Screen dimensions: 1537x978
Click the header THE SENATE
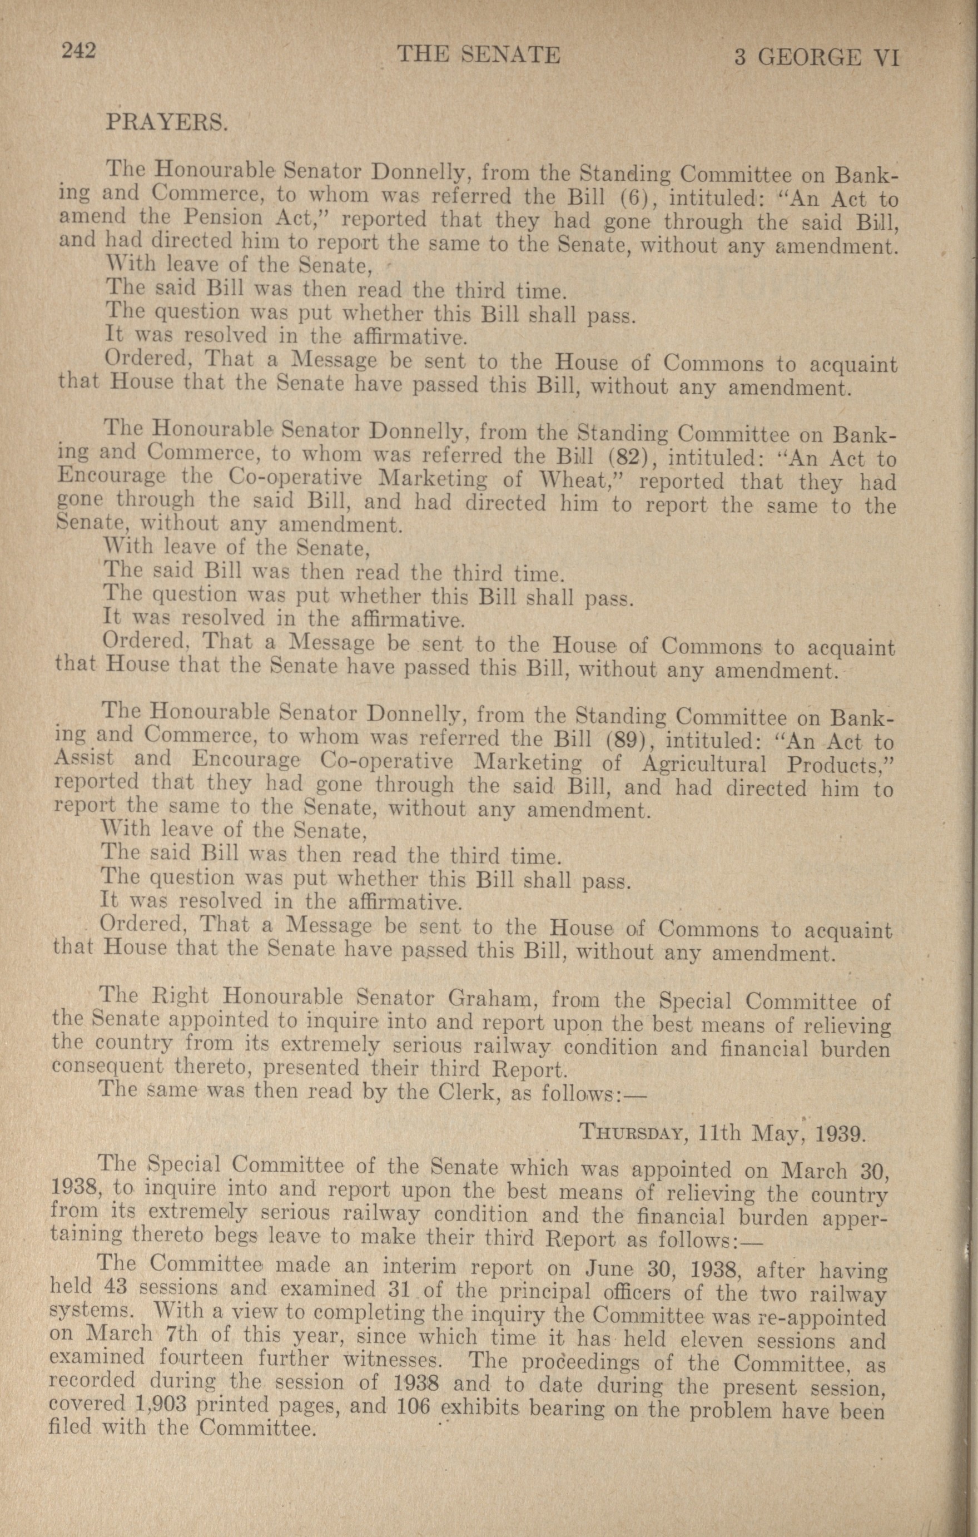tap(478, 56)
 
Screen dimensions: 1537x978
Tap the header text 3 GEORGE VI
tap(817, 58)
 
